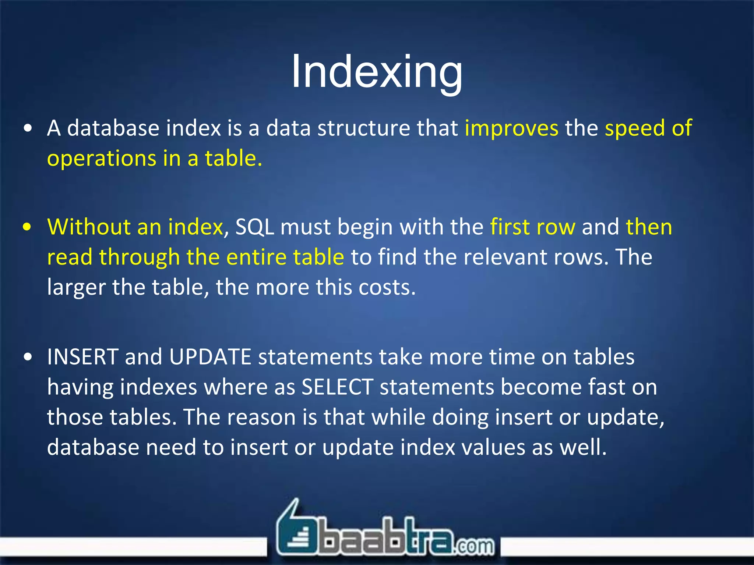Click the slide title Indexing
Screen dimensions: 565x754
tap(377, 72)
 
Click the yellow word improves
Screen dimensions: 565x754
tap(511, 128)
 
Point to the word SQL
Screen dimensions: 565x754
tap(254, 227)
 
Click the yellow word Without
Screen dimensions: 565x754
tap(88, 227)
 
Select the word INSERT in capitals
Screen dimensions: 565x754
tap(82, 357)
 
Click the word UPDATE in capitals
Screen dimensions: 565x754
tap(210, 357)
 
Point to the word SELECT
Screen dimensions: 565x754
tap(337, 387)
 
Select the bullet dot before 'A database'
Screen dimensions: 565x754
tap(28, 129)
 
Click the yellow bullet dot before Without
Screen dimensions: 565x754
tap(28, 227)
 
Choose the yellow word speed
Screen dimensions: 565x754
tap(635, 128)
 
